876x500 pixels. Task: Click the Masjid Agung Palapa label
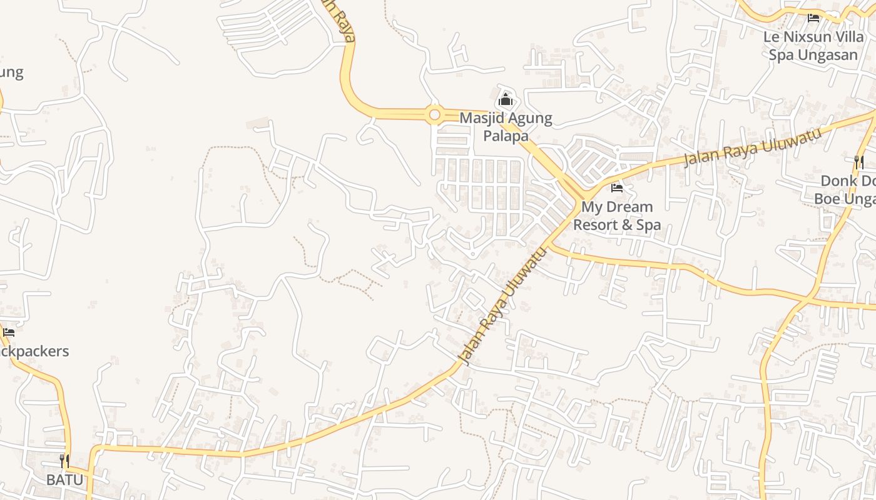(x=506, y=126)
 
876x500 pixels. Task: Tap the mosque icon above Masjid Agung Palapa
(x=505, y=99)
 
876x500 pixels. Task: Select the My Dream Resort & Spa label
(x=617, y=215)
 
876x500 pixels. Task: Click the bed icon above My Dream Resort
(x=617, y=188)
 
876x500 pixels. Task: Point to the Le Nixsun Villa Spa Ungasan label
(x=813, y=46)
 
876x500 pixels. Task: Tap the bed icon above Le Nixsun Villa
(x=813, y=18)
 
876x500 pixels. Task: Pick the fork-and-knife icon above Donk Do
(x=859, y=162)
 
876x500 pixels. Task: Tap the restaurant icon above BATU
(x=64, y=461)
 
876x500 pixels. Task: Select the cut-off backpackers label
(x=34, y=351)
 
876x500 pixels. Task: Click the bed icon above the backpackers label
(x=9, y=332)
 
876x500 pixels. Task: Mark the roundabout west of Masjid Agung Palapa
(x=434, y=115)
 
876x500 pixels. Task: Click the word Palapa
(x=506, y=135)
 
